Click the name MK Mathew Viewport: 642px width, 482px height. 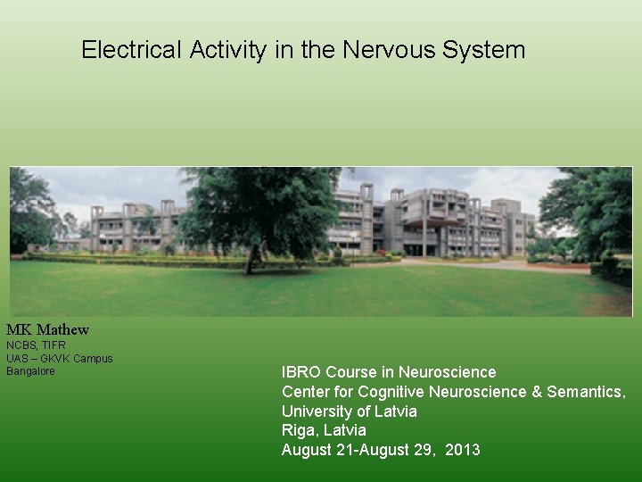coord(48,330)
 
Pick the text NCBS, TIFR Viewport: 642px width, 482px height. coord(36,345)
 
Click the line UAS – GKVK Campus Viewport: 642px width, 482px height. coord(60,359)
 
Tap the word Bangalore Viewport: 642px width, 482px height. coord(30,371)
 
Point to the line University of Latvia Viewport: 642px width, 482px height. coord(350,411)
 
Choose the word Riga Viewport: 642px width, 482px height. coord(299,431)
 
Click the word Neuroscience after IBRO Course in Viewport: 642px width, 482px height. coord(448,372)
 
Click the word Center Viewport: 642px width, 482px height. coord(306,392)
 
